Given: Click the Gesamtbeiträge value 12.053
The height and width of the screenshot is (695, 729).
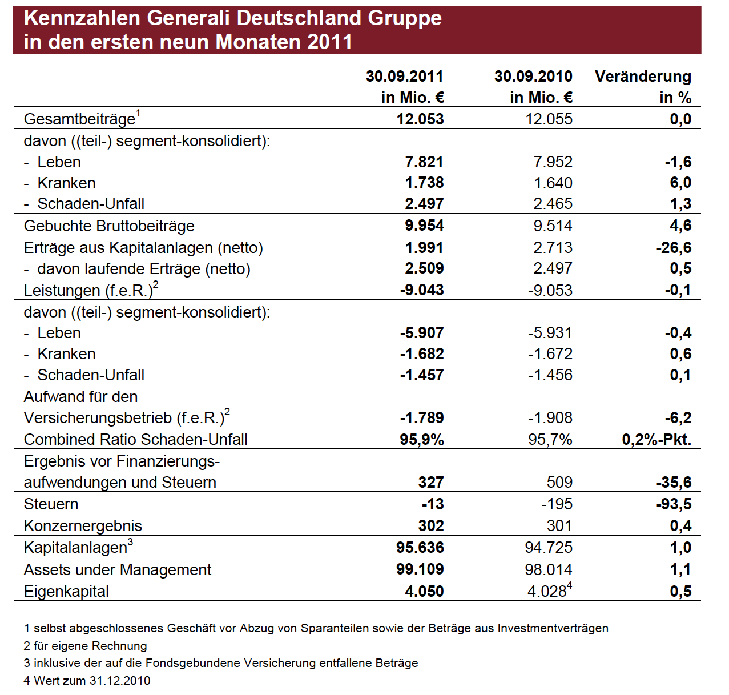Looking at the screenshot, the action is pos(420,119).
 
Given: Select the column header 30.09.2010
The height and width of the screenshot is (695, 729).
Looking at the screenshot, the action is pos(533,77).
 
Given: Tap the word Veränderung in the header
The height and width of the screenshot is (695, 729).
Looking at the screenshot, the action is pos(643,77).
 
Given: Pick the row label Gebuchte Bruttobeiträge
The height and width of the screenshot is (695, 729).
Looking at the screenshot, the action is pos(109,226).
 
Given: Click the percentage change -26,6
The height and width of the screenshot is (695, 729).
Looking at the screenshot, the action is pos(674,247).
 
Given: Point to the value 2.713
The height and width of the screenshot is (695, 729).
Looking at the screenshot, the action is pos(553,247).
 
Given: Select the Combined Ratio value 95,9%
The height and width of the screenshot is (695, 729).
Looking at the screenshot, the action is pos(422,439).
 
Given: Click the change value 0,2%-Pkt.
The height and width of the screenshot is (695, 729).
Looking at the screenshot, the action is pos(656,439).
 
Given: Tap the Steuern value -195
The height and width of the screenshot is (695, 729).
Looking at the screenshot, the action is pos(557,504).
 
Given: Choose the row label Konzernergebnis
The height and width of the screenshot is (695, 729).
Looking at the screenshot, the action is pos(83,526).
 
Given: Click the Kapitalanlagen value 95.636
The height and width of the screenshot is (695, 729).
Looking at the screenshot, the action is pos(420,547).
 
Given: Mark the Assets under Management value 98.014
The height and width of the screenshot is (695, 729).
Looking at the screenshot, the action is pos(549,569).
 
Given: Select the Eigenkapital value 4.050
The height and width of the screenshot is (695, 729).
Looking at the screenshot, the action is pos(424,591).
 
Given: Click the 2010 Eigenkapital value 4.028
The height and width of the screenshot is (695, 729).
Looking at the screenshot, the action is pos(547,591).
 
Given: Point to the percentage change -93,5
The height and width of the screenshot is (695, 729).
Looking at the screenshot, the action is pos(674,504).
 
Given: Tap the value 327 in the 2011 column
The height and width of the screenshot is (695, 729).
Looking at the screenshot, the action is pos(431,483).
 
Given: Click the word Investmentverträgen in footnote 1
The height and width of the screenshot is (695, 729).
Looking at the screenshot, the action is pos(553,628).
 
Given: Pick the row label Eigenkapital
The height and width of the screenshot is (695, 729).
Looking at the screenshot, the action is pos(66,592).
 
